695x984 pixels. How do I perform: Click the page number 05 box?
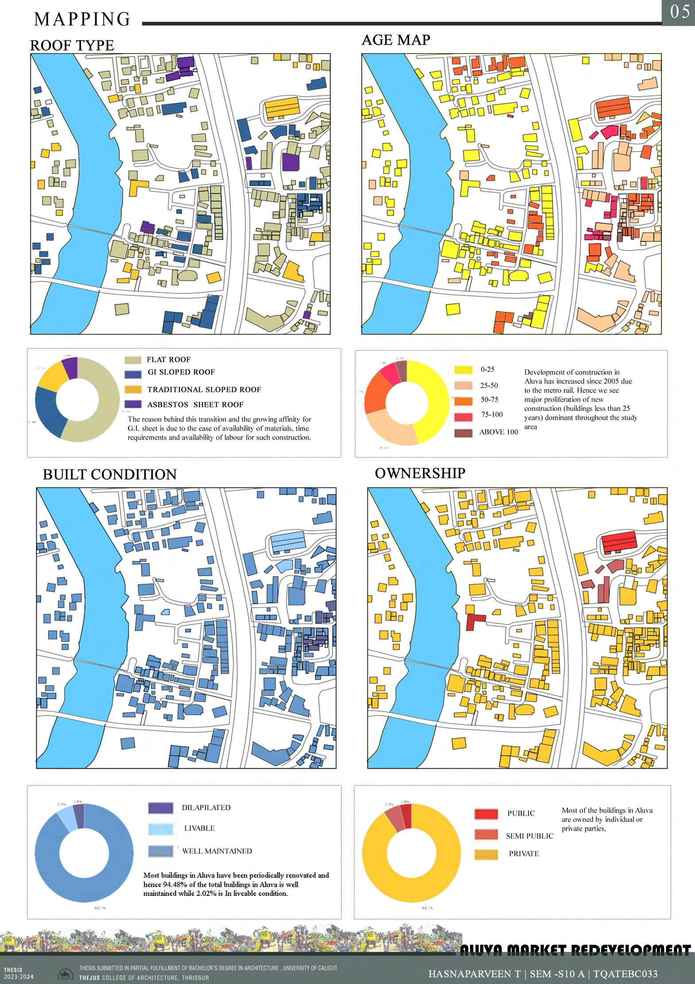click(x=679, y=12)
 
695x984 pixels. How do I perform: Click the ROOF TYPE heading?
click(x=72, y=46)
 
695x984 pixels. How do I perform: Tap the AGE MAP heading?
click(x=396, y=40)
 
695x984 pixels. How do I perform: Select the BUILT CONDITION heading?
click(x=109, y=474)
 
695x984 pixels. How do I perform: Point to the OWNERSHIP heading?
click(x=420, y=473)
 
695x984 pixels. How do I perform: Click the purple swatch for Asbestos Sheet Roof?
click(x=133, y=404)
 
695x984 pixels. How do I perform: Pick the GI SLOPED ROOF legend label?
click(x=181, y=372)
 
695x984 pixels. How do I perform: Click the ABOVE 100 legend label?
click(x=498, y=432)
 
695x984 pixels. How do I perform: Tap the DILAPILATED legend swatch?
click(x=160, y=808)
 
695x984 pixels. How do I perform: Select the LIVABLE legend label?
click(x=199, y=828)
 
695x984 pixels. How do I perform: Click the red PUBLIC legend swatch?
click(x=486, y=814)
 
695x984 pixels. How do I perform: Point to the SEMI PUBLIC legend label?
click(x=529, y=836)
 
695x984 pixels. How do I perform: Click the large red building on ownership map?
click(x=618, y=541)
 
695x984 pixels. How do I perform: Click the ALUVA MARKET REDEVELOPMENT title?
click(x=575, y=950)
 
